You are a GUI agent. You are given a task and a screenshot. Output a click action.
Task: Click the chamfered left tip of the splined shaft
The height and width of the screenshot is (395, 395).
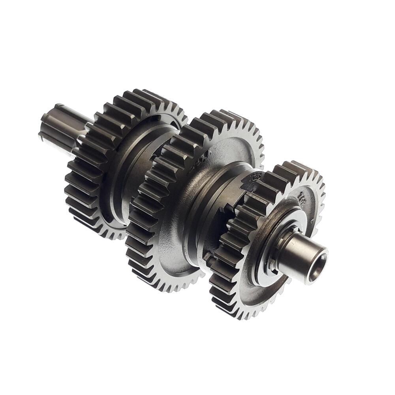tap(44, 126)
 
